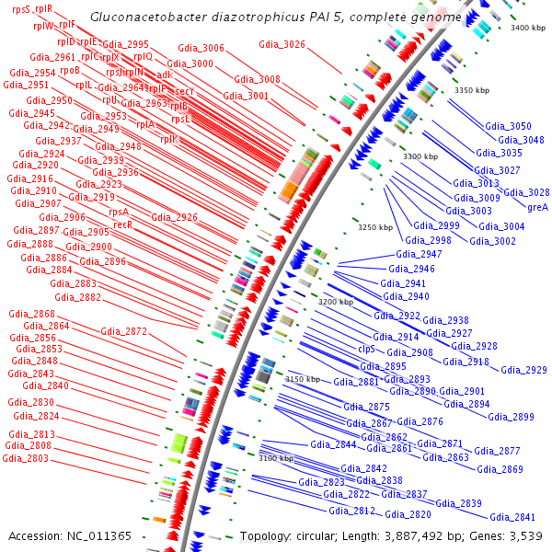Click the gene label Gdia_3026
click(x=282, y=44)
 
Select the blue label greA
click(x=538, y=207)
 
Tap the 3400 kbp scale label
click(x=527, y=29)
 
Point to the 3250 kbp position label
click(x=375, y=227)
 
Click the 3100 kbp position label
click(x=276, y=458)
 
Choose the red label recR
click(x=122, y=224)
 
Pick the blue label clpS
click(x=367, y=349)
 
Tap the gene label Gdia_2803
click(x=27, y=458)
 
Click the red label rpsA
click(x=119, y=212)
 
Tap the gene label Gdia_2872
click(x=123, y=331)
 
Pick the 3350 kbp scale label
click(x=472, y=90)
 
